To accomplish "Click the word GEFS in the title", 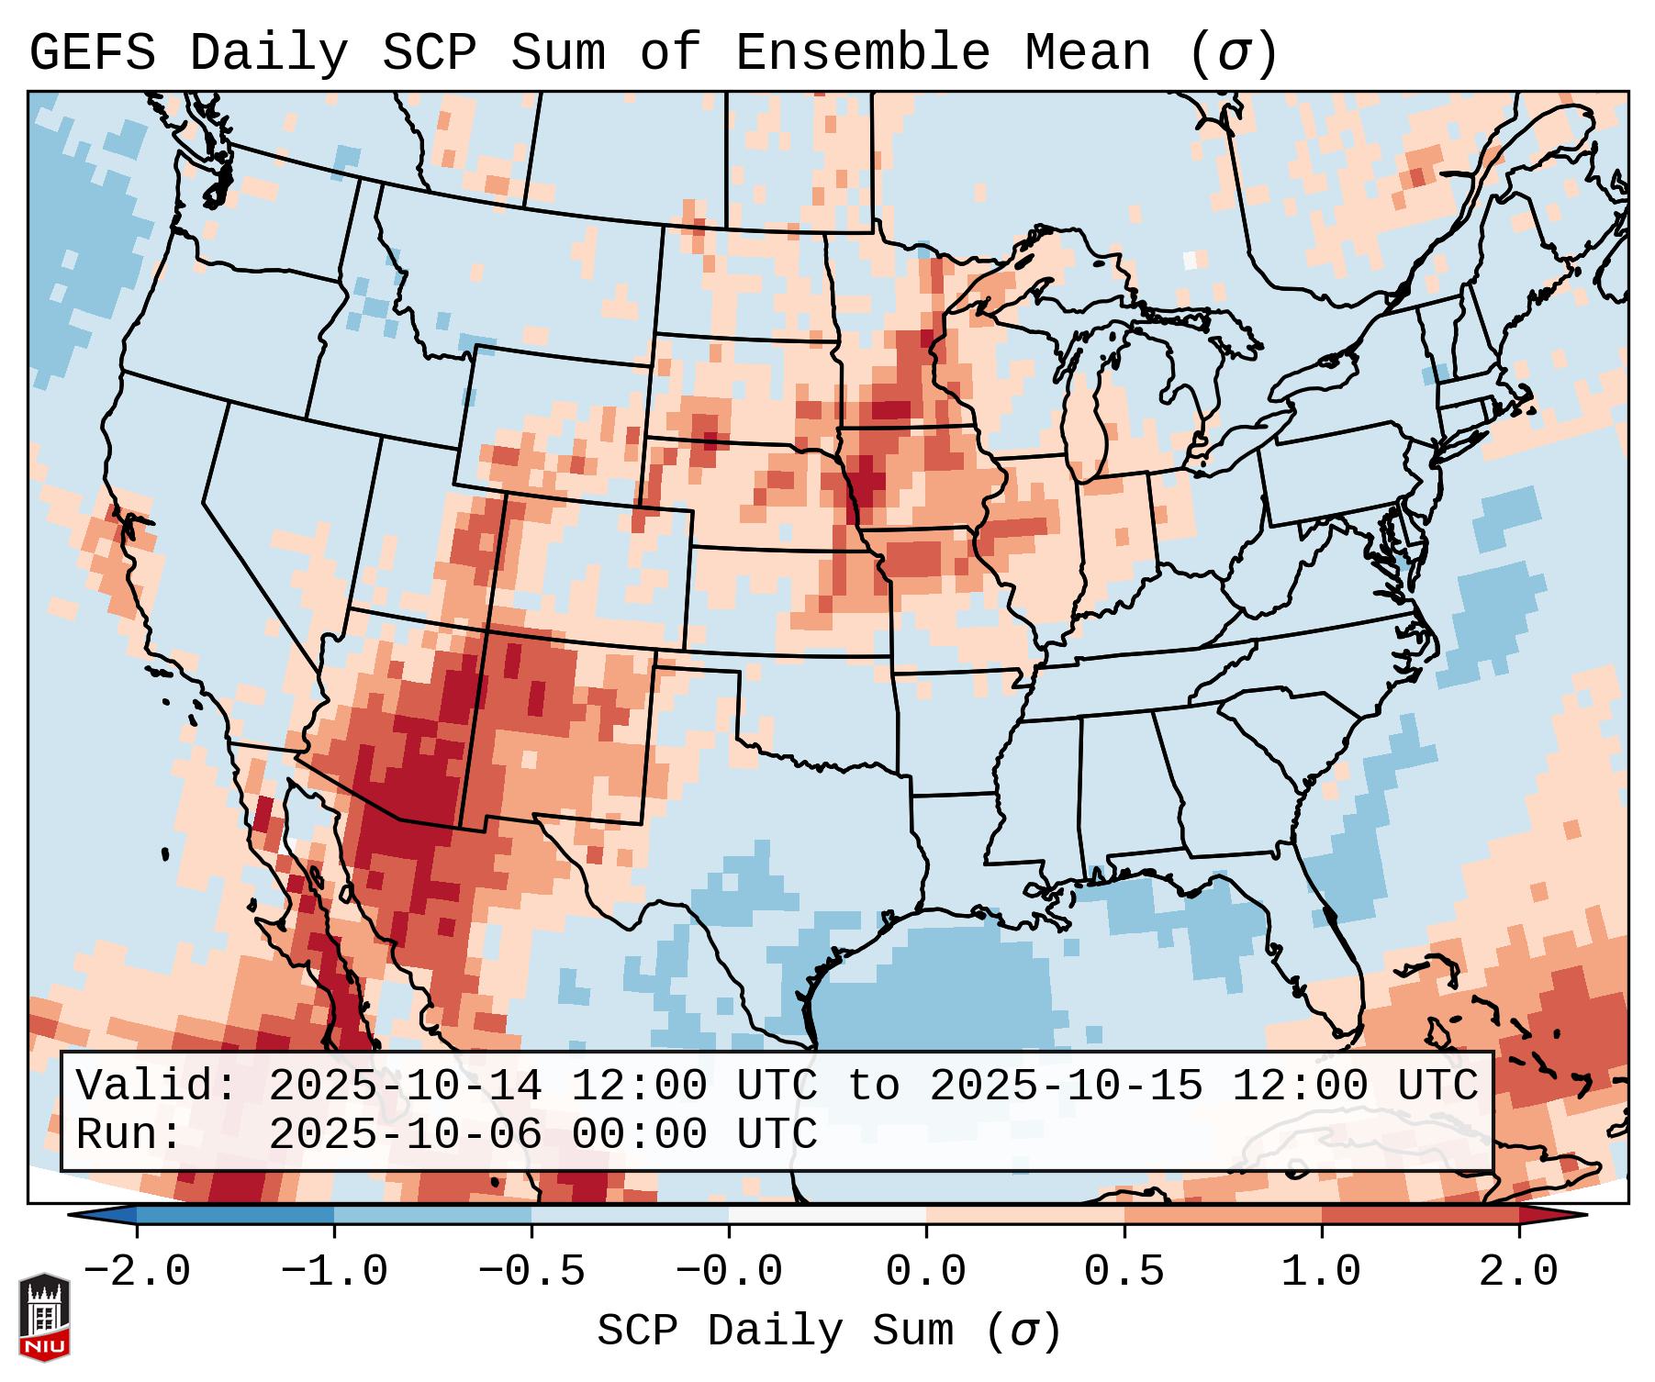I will [x=92, y=53].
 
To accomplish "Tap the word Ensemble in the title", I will [x=862, y=53].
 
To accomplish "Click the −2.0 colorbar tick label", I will [x=137, y=1272].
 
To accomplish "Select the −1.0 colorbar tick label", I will [x=334, y=1272].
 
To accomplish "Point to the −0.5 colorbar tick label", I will [x=531, y=1272].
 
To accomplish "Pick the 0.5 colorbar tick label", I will [x=1124, y=1272].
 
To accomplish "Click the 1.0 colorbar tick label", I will [x=1322, y=1272].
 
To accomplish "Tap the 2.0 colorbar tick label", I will [x=1519, y=1272].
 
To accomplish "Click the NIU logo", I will [x=44, y=1317].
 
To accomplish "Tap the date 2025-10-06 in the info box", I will [x=405, y=1134].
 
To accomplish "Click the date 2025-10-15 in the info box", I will [x=1066, y=1087].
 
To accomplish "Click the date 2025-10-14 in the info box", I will [x=405, y=1087].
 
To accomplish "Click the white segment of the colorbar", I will [x=827, y=1215].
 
